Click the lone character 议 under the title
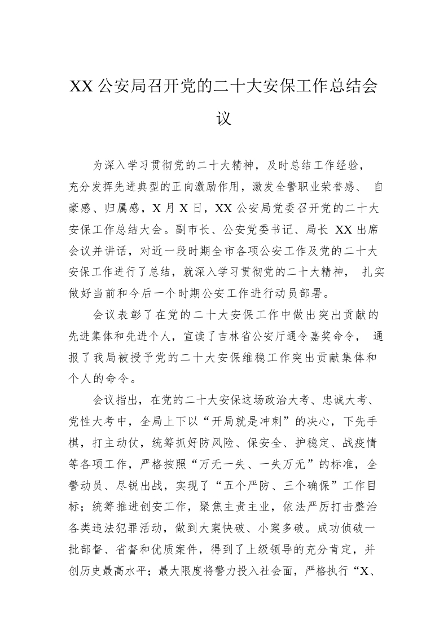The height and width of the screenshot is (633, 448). (x=224, y=120)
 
